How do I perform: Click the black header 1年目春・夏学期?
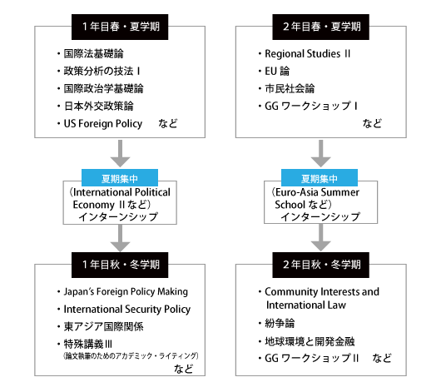point(120,27)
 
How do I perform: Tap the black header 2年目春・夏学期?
point(320,27)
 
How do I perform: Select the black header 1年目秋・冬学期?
point(120,265)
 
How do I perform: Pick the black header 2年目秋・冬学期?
point(320,265)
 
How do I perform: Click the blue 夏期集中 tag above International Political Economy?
point(120,178)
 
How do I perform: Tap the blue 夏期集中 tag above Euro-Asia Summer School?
point(320,178)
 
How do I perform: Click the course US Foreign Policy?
point(103,123)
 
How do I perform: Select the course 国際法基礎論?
point(94,53)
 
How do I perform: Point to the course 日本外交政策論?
point(99,106)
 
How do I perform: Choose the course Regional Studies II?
point(308,54)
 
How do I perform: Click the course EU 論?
point(277,71)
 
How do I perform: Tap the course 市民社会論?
point(290,89)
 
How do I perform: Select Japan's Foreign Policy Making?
point(126,292)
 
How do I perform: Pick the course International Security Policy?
point(127,310)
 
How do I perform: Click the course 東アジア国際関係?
point(103,326)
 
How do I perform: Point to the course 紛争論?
point(280,323)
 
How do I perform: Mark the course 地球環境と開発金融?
point(310,341)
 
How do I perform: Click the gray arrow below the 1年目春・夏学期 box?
point(120,153)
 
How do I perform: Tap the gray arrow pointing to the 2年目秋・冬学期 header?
point(320,237)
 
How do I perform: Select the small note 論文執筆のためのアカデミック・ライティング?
point(131,355)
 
